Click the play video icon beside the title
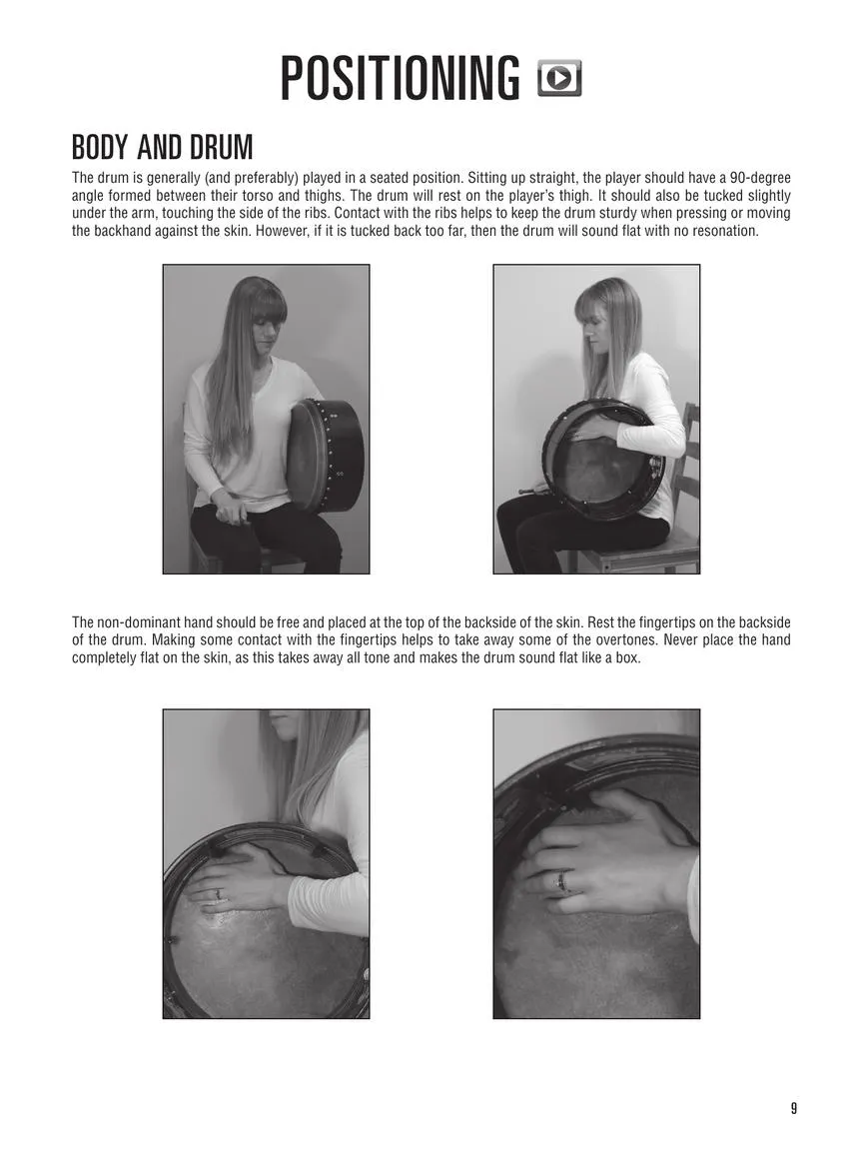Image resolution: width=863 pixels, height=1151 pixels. click(x=559, y=79)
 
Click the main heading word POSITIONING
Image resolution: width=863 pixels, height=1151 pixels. click(x=400, y=78)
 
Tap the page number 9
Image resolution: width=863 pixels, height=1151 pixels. click(x=793, y=1108)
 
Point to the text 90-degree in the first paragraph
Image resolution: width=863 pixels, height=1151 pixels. click(x=760, y=178)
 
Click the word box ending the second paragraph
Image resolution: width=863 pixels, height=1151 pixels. click(x=628, y=657)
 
